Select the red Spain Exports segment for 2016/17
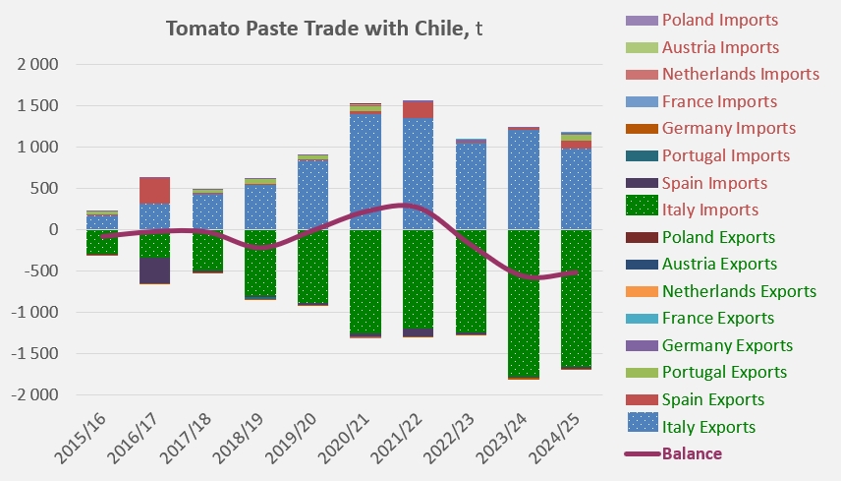click(154, 190)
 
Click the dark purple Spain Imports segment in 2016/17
click(154, 271)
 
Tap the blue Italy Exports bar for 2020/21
click(365, 172)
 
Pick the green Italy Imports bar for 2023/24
click(524, 303)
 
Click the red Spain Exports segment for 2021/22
click(419, 110)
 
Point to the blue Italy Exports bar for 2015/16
click(102, 222)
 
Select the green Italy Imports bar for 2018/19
click(260, 263)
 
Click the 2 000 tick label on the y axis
click(37, 64)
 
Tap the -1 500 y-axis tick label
click(34, 353)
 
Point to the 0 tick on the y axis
click(53, 229)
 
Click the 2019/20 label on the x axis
click(291, 438)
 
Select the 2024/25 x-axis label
click(554, 438)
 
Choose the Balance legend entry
click(674, 453)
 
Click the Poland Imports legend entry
click(702, 20)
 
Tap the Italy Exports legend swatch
click(643, 422)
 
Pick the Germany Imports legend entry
click(710, 128)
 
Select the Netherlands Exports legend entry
click(721, 291)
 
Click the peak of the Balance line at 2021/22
click(406, 205)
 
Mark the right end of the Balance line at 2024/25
click(577, 272)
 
